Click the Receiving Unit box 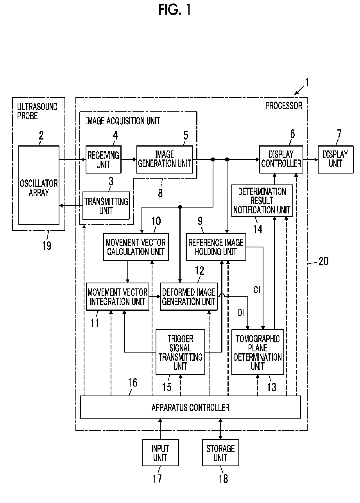pyautogui.click(x=103, y=159)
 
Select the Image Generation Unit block pyautogui.click(x=165, y=159)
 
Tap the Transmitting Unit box pyautogui.click(x=106, y=206)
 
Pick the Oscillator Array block pyautogui.click(x=39, y=185)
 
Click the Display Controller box pyautogui.click(x=281, y=159)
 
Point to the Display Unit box pyautogui.click(x=335, y=159)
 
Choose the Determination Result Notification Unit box pyautogui.click(x=262, y=200)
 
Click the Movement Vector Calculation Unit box pyautogui.click(x=136, y=247)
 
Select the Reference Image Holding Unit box pyautogui.click(x=216, y=247)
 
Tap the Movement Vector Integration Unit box pyautogui.click(x=117, y=296)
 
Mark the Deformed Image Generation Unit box pyautogui.click(x=189, y=296)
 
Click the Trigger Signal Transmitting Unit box pyautogui.click(x=180, y=352)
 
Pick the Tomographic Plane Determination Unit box pyautogui.click(x=258, y=352)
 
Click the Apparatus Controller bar pyautogui.click(x=190, y=407)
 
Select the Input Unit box pyautogui.click(x=160, y=453)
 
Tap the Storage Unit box pyautogui.click(x=220, y=453)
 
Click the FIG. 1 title pyautogui.click(x=174, y=10)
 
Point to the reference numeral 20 pyautogui.click(x=323, y=261)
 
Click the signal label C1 pyautogui.click(x=257, y=290)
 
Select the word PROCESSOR pyautogui.click(x=284, y=106)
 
